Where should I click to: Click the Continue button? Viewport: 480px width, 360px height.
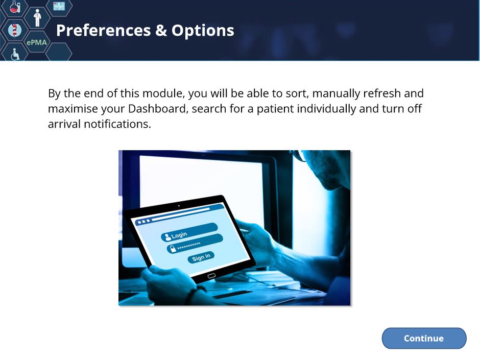424,338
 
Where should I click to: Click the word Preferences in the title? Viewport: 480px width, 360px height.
104,30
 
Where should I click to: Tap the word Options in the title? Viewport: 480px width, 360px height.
203,31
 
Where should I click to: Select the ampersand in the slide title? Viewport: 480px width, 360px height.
161,30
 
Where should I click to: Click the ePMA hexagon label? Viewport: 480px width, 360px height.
37,42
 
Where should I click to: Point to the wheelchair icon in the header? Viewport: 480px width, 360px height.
15,54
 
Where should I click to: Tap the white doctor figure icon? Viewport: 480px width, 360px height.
37,18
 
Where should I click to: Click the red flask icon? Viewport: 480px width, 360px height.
15,7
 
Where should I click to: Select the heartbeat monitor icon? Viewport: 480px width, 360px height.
59,6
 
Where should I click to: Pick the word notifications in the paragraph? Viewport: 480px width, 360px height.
117,124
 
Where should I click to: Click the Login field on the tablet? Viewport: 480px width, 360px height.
189,232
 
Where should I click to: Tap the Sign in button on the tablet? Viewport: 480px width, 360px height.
201,257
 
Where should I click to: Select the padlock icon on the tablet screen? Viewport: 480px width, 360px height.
173,249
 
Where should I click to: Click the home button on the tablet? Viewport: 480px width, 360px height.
211,276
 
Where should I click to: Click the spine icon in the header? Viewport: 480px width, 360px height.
14,30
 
